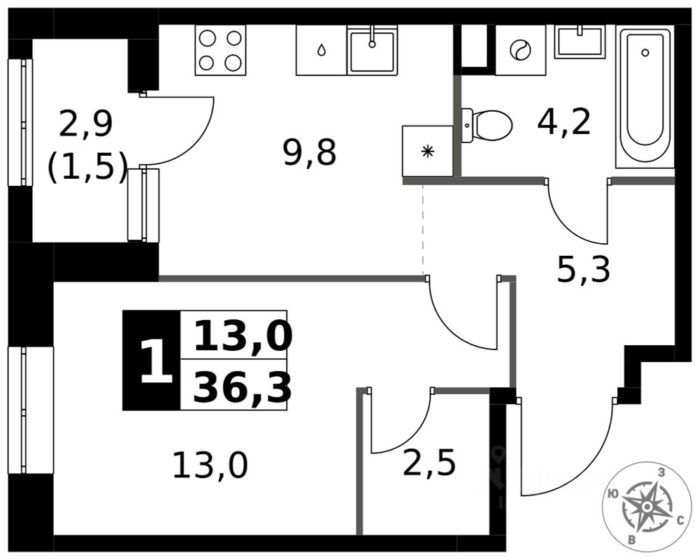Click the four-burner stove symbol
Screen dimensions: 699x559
tap(220, 50)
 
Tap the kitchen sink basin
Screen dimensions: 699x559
tap(373, 50)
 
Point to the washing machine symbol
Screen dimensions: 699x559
tap(520, 50)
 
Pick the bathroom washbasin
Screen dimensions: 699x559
tap(579, 42)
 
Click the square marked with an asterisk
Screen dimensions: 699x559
tap(427, 151)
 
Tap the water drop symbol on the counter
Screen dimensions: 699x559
tap(321, 50)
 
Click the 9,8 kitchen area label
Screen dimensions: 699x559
tap(310, 152)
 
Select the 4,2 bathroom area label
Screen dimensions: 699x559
tap(564, 122)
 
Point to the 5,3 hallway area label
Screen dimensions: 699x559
tap(584, 269)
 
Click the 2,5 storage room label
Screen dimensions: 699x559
tap(429, 463)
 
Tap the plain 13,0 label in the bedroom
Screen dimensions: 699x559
tap(210, 465)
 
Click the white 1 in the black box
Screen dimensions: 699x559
tap(155, 361)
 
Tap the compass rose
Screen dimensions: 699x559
tap(647, 504)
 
